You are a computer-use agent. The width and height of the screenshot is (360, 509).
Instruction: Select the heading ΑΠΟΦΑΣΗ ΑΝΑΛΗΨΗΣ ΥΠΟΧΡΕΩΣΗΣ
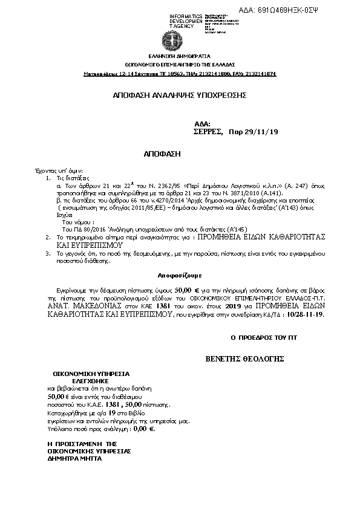pos(180,96)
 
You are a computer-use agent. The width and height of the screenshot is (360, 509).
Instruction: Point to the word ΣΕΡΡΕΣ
pos(208,131)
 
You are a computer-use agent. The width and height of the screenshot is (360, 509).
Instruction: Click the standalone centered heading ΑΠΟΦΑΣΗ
pos(163,154)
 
